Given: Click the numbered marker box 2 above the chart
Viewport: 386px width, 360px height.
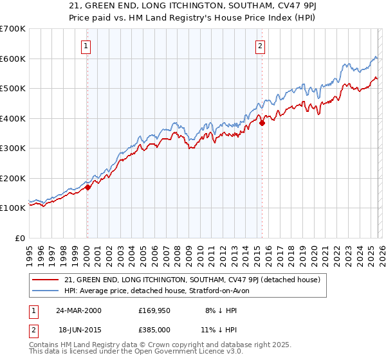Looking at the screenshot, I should click(260, 46).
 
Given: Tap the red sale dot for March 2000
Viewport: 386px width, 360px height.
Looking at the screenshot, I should click(88, 187).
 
